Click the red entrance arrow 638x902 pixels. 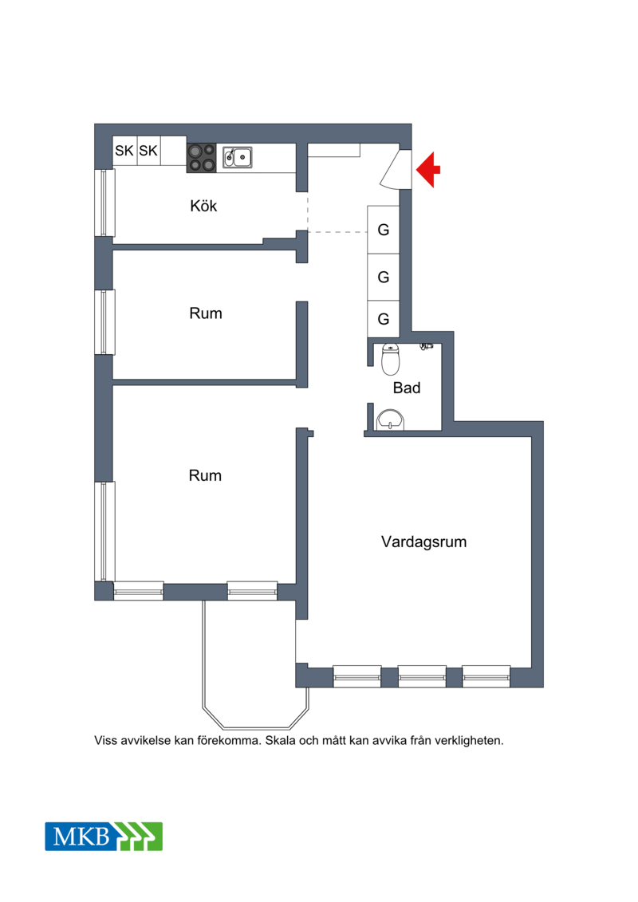(428, 170)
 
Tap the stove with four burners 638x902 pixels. (201, 158)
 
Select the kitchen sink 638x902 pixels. (238, 157)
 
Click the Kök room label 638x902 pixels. (203, 206)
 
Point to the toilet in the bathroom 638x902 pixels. (391, 359)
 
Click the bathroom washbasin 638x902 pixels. (391, 420)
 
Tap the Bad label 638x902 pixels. (407, 388)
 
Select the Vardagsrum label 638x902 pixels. (424, 542)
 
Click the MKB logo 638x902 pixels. (104, 837)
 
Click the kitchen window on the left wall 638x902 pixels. (104, 203)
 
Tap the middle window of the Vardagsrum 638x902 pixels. (422, 676)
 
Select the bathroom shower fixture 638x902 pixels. (427, 347)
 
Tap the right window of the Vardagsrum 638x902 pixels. (486, 676)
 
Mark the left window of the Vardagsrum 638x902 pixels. (357, 676)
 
